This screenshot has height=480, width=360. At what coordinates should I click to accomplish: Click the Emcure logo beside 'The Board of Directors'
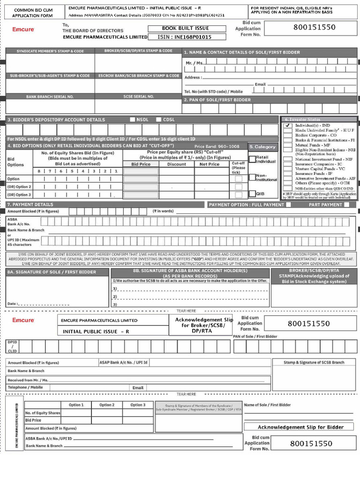tap(23, 30)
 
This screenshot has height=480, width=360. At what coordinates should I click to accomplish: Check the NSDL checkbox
tap(133, 120)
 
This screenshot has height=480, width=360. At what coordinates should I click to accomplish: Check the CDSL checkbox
tap(158, 120)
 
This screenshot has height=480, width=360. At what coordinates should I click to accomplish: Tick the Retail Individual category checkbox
tap(252, 159)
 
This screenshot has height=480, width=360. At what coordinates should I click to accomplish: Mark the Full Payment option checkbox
tap(288, 204)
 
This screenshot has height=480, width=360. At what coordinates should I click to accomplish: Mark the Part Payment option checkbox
tap(346, 204)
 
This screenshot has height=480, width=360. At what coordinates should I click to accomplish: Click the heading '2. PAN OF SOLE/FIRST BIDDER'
tap(217, 100)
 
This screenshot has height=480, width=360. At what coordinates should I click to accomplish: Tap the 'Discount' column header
tap(177, 165)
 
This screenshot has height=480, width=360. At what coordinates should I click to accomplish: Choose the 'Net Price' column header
tap(210, 165)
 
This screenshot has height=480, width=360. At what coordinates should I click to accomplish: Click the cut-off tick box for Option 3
tap(239, 195)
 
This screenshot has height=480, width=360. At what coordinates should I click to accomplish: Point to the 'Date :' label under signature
tap(13, 304)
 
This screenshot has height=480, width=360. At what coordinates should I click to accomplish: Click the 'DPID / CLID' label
tap(12, 346)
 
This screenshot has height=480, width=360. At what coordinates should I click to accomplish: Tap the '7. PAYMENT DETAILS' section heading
tap(30, 204)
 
